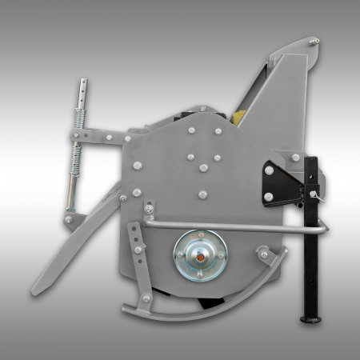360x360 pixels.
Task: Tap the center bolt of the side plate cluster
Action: (x=202, y=166)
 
